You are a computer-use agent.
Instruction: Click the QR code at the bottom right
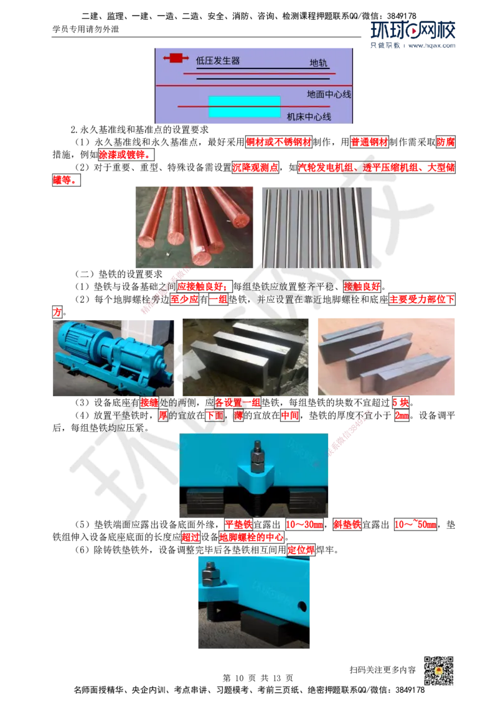click(x=438, y=670)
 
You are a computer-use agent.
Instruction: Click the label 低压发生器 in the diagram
click(x=218, y=60)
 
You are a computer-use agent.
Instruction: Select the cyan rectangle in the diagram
click(x=245, y=106)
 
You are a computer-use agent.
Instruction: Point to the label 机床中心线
click(x=309, y=117)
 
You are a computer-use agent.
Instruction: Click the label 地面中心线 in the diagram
click(x=329, y=94)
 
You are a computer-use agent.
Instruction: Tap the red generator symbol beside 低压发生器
click(x=176, y=58)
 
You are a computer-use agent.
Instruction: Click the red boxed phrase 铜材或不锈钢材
click(x=279, y=142)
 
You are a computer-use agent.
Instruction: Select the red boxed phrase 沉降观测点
click(x=255, y=167)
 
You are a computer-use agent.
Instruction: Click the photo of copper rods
click(x=194, y=227)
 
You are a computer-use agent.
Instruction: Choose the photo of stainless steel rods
click(x=317, y=227)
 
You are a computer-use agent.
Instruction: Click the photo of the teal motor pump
click(x=113, y=358)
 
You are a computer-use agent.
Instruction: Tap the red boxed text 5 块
click(x=400, y=402)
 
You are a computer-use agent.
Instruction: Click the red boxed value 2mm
click(x=402, y=415)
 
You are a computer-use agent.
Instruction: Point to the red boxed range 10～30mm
click(x=304, y=524)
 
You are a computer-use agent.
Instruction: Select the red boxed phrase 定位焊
click(x=301, y=550)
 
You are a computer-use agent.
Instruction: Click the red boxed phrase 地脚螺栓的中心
click(x=251, y=537)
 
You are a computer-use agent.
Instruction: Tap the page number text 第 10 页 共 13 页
click(x=258, y=678)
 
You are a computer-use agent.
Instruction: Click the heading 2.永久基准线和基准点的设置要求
click(x=140, y=129)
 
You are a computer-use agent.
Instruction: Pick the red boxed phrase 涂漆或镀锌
click(x=126, y=154)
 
